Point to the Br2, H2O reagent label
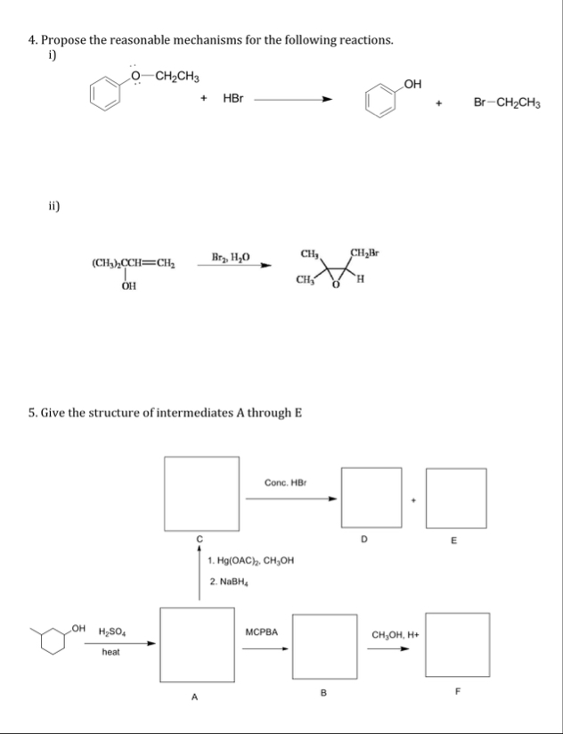click(x=231, y=258)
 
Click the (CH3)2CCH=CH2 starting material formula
click(x=128, y=264)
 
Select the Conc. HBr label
click(x=285, y=482)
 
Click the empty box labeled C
click(x=200, y=492)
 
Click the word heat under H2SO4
click(x=111, y=653)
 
